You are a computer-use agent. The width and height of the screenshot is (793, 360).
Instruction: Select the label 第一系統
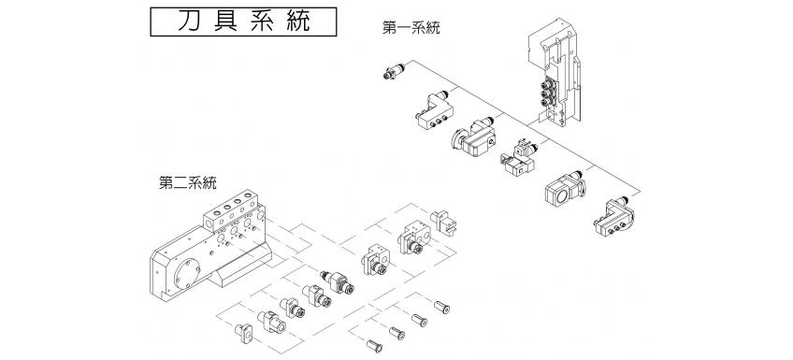click(411, 28)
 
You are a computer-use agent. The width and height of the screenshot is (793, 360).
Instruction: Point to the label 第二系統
click(188, 181)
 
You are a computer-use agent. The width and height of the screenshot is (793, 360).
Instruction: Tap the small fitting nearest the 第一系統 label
click(392, 73)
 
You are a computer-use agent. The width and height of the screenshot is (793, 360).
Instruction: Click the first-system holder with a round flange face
click(476, 135)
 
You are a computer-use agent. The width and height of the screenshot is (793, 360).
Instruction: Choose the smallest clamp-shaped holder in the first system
click(517, 158)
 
